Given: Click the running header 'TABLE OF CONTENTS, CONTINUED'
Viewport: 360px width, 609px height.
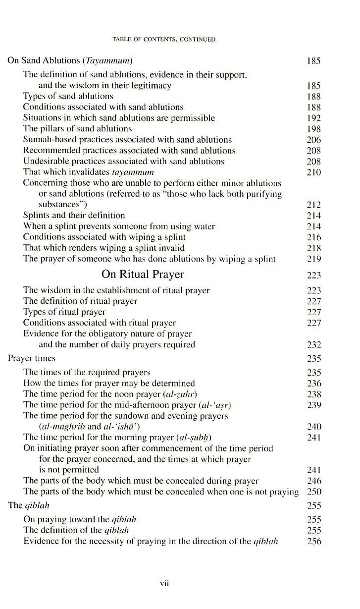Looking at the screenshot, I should (164, 39).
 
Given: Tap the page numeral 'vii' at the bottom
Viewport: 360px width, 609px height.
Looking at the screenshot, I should (165, 584).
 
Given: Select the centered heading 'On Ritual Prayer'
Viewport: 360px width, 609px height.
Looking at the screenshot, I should (143, 275).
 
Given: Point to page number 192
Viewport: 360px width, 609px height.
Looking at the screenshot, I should (313, 118).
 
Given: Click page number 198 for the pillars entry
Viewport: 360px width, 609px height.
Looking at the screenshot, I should (313, 129).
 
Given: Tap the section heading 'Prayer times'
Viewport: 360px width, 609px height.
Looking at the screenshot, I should (32, 358).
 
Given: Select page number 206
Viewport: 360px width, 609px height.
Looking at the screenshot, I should (313, 140).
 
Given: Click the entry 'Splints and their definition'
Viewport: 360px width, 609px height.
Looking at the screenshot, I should (74, 215).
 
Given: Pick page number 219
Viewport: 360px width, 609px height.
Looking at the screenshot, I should (313, 259).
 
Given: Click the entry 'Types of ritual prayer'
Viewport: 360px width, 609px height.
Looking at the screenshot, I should (64, 312).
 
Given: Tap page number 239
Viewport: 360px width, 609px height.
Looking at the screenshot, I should (313, 405).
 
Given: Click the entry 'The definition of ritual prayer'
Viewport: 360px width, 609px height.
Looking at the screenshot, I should (80, 301).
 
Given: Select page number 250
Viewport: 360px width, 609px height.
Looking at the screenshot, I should (313, 492).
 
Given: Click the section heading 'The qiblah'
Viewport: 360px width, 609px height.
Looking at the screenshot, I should (29, 505).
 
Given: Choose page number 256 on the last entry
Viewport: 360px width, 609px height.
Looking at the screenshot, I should (313, 541).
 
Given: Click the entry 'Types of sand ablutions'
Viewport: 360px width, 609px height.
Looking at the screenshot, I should (68, 96).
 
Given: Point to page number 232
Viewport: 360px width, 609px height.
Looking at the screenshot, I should (313, 345).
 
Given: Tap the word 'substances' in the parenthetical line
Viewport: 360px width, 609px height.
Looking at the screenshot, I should (60, 204).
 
